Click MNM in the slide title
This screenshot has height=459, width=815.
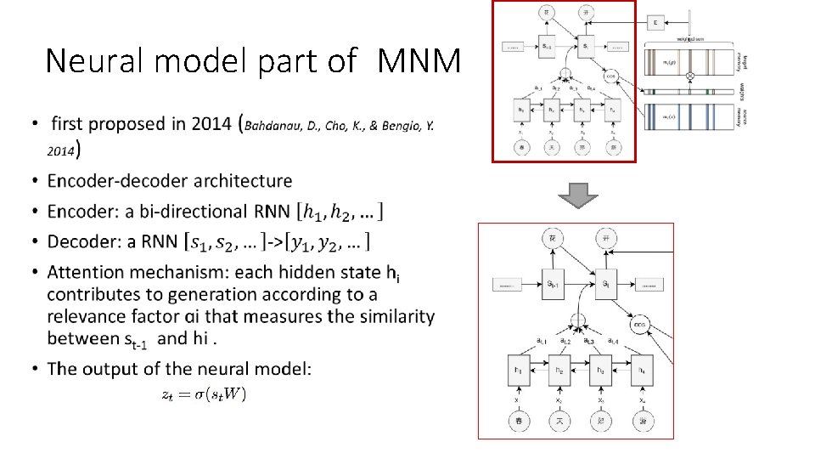tap(419, 60)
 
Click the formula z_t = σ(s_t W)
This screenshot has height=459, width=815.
tap(204, 394)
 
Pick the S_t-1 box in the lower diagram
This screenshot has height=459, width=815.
tap(554, 283)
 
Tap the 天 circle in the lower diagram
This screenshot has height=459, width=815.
tap(559, 419)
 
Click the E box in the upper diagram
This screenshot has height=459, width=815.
tap(655, 22)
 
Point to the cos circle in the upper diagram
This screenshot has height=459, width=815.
tap(610, 75)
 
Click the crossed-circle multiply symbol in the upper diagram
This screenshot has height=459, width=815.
tap(690, 76)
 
